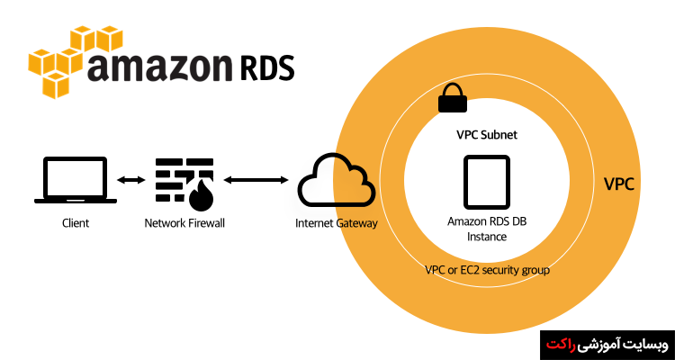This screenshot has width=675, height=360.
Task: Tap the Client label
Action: point(76,222)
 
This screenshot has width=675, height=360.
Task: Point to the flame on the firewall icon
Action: point(198,194)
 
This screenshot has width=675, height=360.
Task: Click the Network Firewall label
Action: point(184,222)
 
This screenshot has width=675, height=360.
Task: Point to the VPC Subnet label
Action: point(486,134)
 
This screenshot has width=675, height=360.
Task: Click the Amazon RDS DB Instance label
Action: point(486,229)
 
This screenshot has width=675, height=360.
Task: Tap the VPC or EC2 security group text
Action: point(487,269)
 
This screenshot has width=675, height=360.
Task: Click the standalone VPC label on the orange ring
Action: point(619,184)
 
